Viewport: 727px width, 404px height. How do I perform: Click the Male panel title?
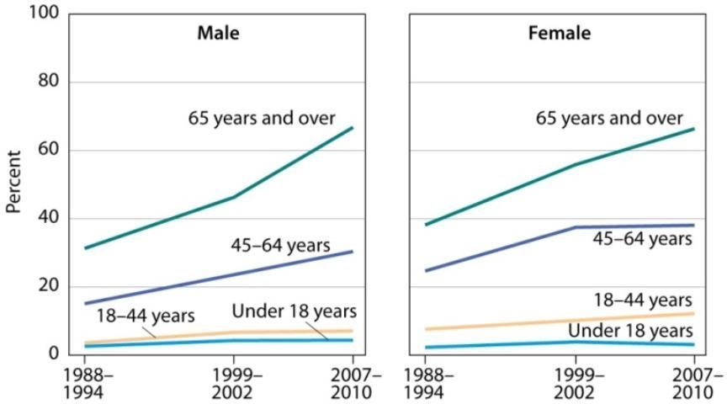click(218, 34)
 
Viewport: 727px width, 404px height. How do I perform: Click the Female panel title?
click(559, 34)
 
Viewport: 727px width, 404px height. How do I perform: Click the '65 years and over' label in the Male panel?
click(261, 117)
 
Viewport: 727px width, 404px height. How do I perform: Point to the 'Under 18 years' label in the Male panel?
click(295, 311)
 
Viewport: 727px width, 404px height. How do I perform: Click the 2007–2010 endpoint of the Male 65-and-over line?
click(353, 127)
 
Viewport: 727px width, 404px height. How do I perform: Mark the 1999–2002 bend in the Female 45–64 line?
click(576, 227)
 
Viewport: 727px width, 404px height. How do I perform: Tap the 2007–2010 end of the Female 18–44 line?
click(694, 314)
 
